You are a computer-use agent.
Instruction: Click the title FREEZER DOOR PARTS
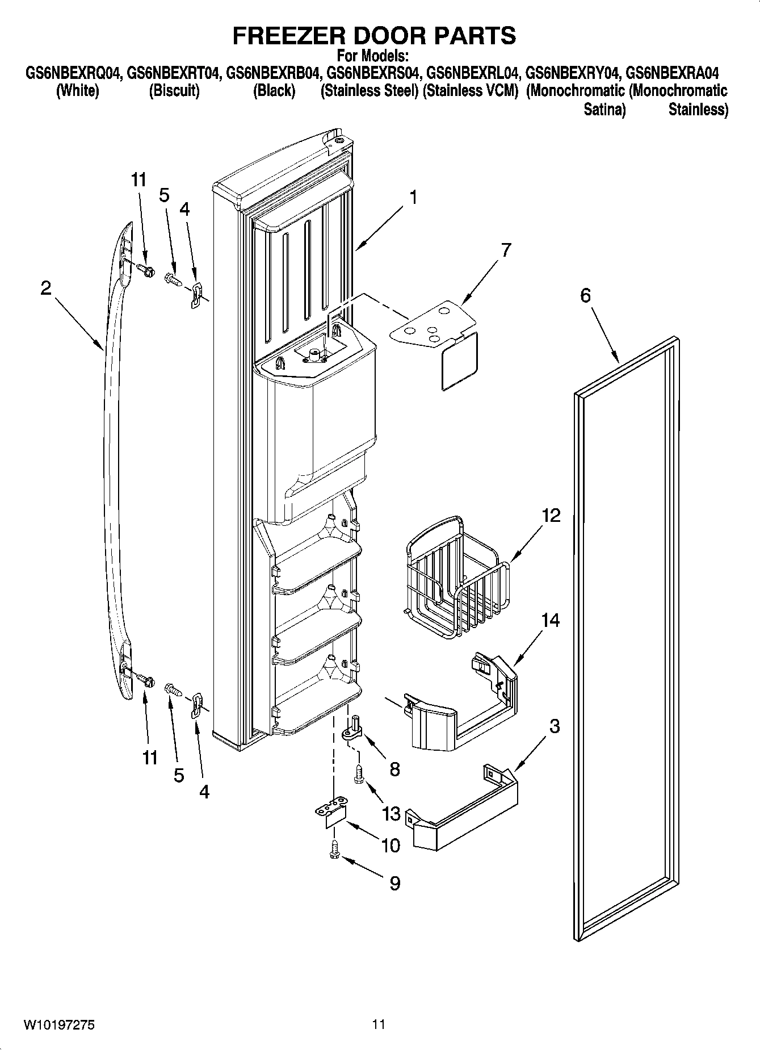tap(374, 35)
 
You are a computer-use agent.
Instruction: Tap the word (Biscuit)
tap(174, 91)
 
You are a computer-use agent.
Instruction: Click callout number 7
tap(506, 249)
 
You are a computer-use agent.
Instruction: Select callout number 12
tap(551, 515)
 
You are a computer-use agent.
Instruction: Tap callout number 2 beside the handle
tap(46, 288)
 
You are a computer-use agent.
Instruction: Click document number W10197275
tap(59, 1024)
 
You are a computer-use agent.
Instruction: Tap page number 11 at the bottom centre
tap(379, 1024)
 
